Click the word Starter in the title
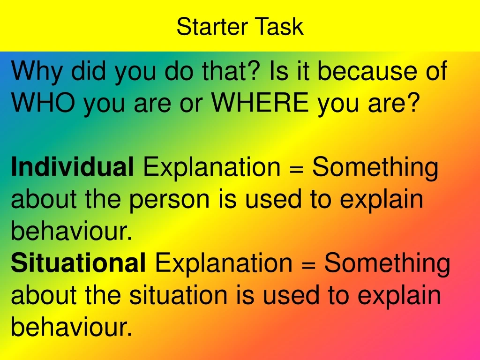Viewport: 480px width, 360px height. tap(213, 27)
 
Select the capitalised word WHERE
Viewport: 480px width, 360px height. tap(260, 103)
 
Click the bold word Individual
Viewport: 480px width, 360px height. tap(72, 167)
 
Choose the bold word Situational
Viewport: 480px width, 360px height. tap(78, 263)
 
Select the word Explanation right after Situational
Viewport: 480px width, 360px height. tap(224, 263)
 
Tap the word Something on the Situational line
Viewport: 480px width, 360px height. tap(387, 263)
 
